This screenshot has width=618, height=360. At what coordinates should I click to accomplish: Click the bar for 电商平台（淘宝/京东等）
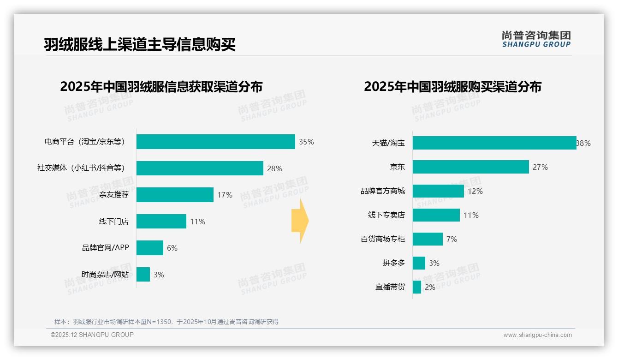click(215, 142)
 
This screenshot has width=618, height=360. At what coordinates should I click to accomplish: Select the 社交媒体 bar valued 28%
click(200, 168)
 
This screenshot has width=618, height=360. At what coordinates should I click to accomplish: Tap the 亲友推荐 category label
click(114, 195)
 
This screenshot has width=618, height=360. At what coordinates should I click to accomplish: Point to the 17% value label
click(225, 195)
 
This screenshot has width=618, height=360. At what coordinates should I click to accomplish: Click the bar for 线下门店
click(161, 222)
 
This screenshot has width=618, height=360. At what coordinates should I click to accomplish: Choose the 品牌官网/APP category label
click(106, 248)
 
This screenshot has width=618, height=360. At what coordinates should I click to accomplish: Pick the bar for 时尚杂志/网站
click(143, 275)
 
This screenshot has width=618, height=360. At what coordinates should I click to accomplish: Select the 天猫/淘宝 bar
click(494, 143)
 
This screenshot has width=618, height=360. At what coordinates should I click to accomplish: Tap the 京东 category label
click(397, 167)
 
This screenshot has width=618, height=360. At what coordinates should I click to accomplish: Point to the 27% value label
click(540, 167)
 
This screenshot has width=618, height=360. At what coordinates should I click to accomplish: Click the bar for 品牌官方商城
click(438, 191)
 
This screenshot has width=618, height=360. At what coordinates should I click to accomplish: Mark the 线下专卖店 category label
click(386, 215)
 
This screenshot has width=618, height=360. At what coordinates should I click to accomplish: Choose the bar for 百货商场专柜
click(428, 239)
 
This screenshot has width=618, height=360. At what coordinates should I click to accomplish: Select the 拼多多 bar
click(419, 263)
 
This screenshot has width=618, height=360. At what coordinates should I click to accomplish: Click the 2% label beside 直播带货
click(430, 287)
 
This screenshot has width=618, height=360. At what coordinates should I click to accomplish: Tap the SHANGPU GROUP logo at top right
click(536, 39)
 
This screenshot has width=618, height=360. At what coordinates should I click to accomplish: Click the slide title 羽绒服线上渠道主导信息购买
click(140, 45)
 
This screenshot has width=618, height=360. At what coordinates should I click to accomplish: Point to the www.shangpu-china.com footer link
click(537, 335)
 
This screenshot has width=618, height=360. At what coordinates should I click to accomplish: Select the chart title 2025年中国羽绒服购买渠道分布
click(452, 86)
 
